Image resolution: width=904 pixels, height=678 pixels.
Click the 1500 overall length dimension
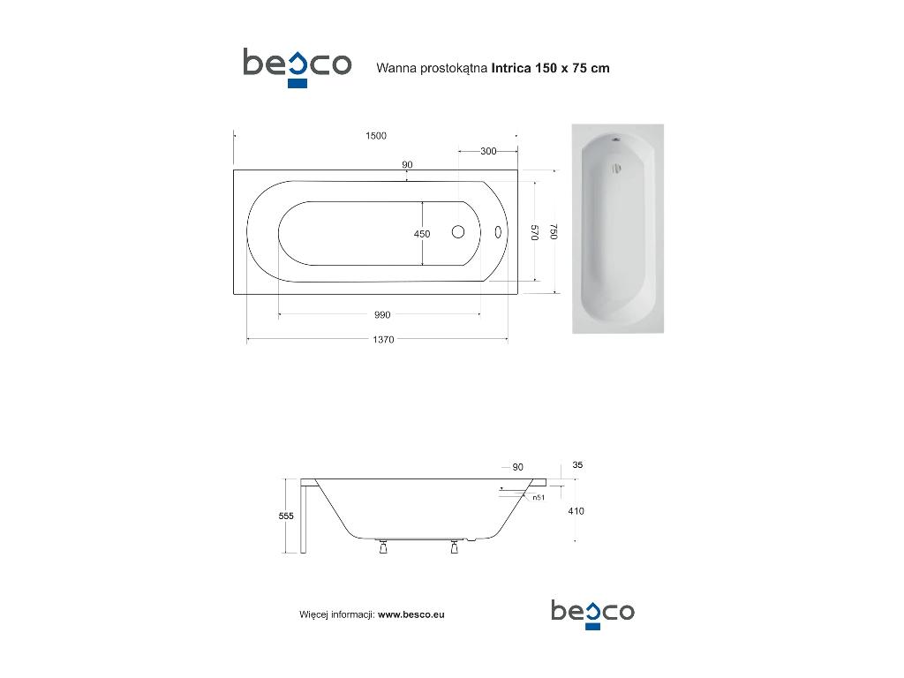pos(376,135)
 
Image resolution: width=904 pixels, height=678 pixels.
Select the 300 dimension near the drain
pos(488,151)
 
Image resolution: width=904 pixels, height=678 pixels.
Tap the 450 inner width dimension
pos(422,233)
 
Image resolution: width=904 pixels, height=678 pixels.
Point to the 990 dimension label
pos(382,315)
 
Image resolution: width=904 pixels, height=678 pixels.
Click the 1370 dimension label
pos(383,340)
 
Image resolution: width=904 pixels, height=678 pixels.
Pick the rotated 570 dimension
pos(534,232)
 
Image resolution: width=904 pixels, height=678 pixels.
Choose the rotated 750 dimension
pos(554,232)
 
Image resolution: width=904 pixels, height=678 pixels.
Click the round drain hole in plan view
pos(458,232)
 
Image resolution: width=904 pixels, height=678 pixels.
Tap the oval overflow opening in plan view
pos(498,232)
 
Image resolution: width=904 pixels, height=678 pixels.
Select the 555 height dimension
pos(286,516)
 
